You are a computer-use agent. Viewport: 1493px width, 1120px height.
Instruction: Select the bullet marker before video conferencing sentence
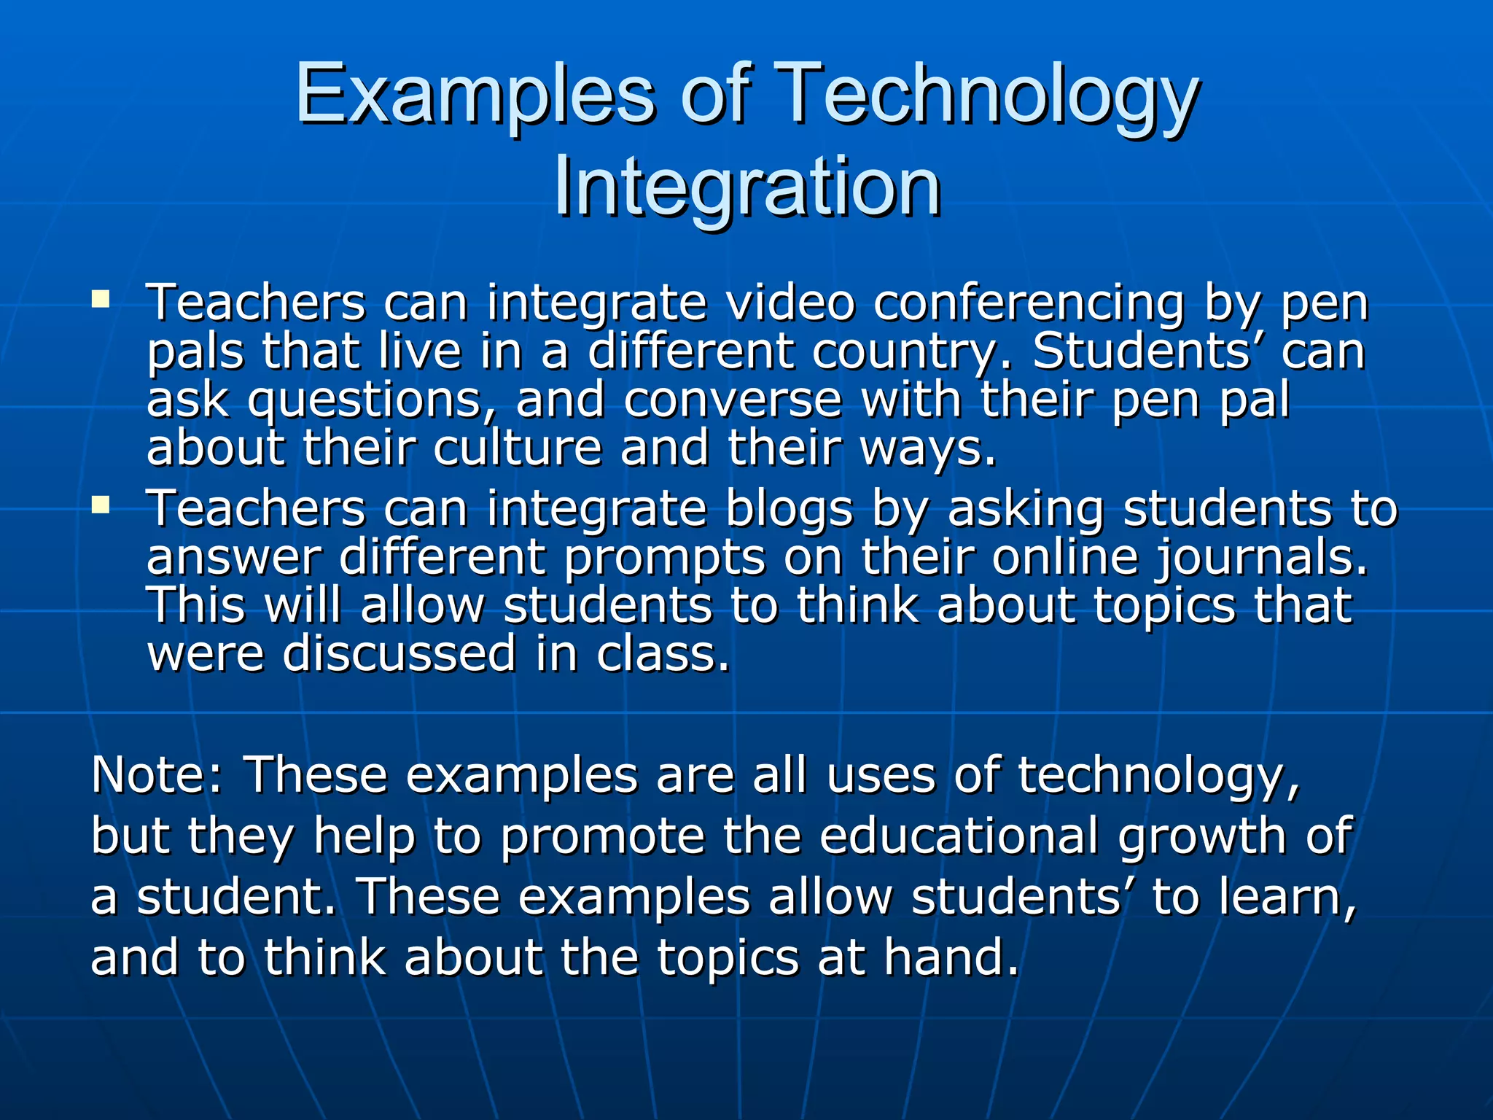click(x=101, y=299)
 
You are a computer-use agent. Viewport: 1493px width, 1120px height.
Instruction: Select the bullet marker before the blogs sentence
click(x=101, y=504)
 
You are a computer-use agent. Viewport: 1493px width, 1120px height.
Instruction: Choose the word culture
click(x=518, y=448)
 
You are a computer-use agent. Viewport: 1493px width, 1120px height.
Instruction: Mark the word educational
click(x=959, y=836)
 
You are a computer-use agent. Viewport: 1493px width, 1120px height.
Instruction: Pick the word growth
click(x=1202, y=837)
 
